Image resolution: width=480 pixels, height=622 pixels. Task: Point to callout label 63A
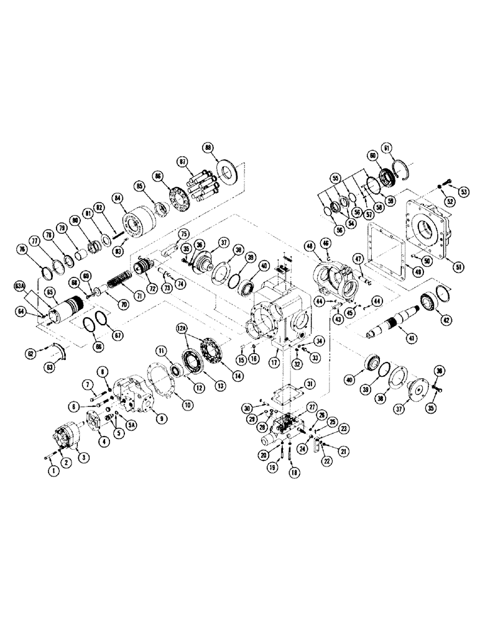click(x=21, y=287)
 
